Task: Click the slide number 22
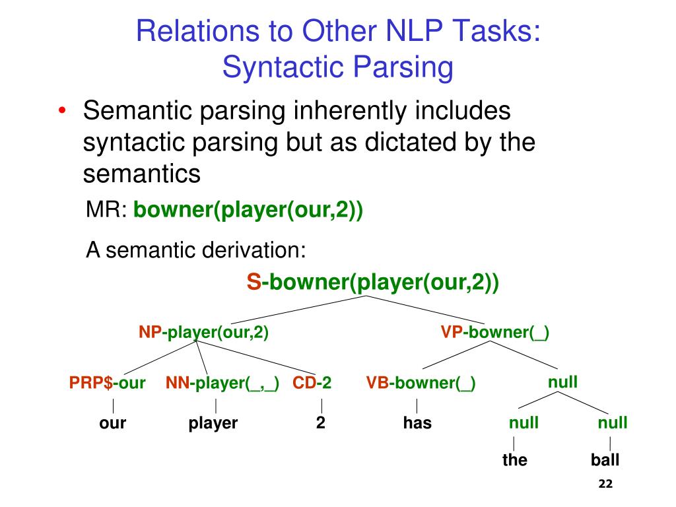coord(605,485)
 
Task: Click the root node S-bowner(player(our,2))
coord(373,282)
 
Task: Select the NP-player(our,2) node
coord(203,333)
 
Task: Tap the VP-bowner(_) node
coord(495,333)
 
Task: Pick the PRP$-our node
coord(108,384)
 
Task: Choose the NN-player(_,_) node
coord(222,384)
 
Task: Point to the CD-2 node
coord(312,384)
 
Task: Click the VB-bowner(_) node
coord(421,384)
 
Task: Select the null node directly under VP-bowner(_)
coord(563,382)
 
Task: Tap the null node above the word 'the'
coord(524,422)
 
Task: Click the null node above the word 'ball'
coord(613,422)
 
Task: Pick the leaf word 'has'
coord(417,423)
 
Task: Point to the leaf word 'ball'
coord(605,460)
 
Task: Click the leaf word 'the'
coord(515,460)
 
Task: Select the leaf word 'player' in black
coord(213,423)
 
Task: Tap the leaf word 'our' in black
coord(112,423)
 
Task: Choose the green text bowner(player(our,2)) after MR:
coord(248,211)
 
